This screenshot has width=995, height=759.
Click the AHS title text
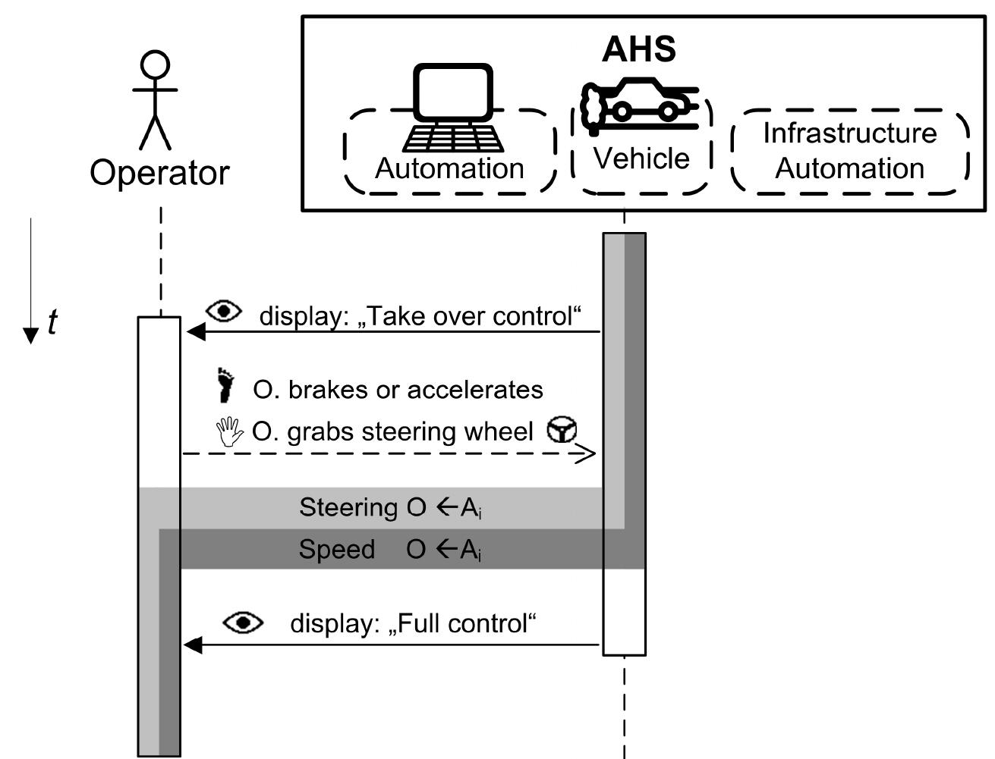(x=638, y=49)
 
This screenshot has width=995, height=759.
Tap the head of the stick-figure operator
(x=156, y=65)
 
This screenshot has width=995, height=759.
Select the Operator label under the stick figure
(x=159, y=173)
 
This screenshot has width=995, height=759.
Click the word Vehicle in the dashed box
(x=641, y=158)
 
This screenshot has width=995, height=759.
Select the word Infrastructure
(x=849, y=133)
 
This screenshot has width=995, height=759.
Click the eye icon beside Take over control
(x=224, y=311)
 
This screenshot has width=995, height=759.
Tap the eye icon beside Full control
(x=243, y=623)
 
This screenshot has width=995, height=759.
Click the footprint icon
(x=225, y=385)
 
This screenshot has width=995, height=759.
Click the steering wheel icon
(x=562, y=430)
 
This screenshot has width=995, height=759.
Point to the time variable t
(x=52, y=322)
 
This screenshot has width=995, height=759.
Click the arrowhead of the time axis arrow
(x=30, y=335)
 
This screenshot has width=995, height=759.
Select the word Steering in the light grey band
(x=348, y=507)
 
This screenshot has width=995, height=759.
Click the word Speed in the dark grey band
(x=336, y=549)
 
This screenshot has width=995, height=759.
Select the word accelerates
(x=475, y=390)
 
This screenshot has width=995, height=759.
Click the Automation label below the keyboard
(x=449, y=168)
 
